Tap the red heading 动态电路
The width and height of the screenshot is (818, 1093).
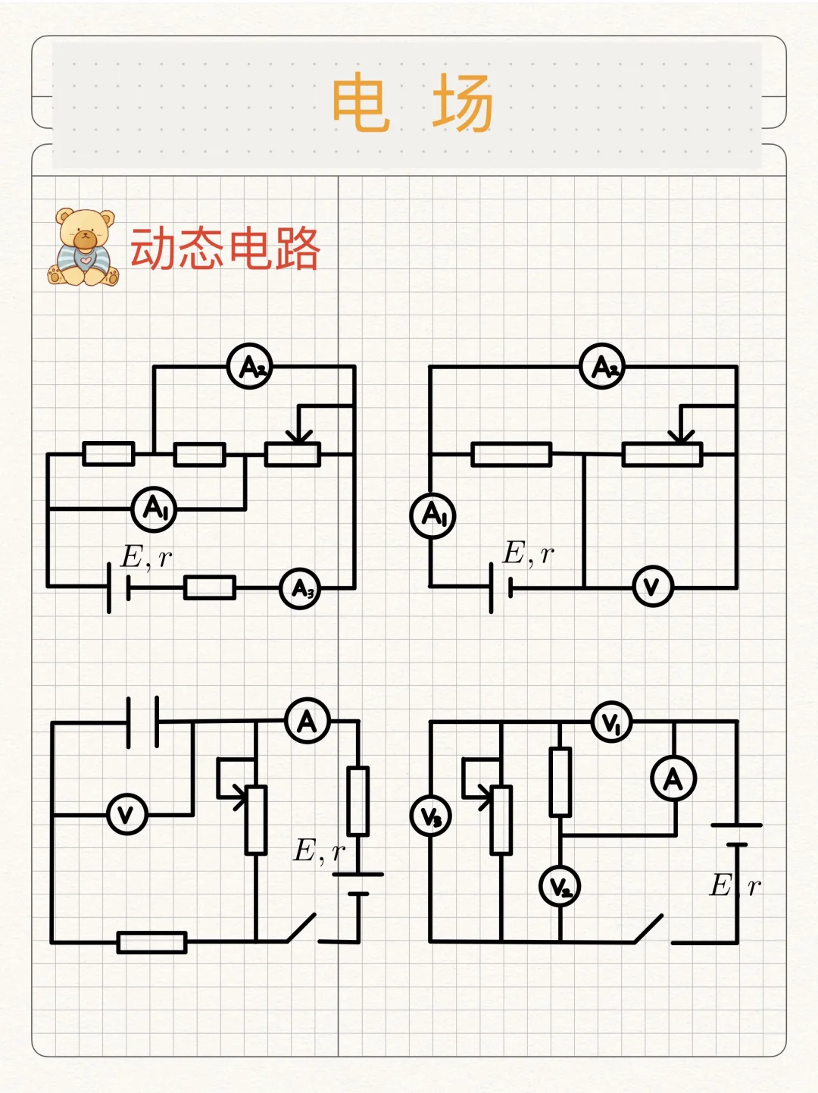coord(225,249)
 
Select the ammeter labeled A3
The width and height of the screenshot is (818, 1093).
coord(300,588)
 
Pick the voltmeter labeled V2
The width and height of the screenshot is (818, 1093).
coord(560,886)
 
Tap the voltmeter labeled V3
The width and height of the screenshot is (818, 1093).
coord(430,816)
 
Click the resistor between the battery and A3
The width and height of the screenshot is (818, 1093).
coord(210,588)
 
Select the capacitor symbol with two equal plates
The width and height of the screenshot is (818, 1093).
coord(142,722)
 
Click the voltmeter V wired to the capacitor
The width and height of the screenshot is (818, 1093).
coord(126,815)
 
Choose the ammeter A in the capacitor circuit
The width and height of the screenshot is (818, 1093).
coord(308,721)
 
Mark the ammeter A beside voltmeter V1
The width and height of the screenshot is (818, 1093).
coord(673,778)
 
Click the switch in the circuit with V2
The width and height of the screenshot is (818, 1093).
coord(650,929)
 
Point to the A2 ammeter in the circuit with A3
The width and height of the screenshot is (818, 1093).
coord(250,368)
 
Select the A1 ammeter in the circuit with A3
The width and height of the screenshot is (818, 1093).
coord(154,509)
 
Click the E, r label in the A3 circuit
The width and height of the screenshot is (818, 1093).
coord(146,557)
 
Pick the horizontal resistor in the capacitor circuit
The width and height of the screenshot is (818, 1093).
coord(152,942)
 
